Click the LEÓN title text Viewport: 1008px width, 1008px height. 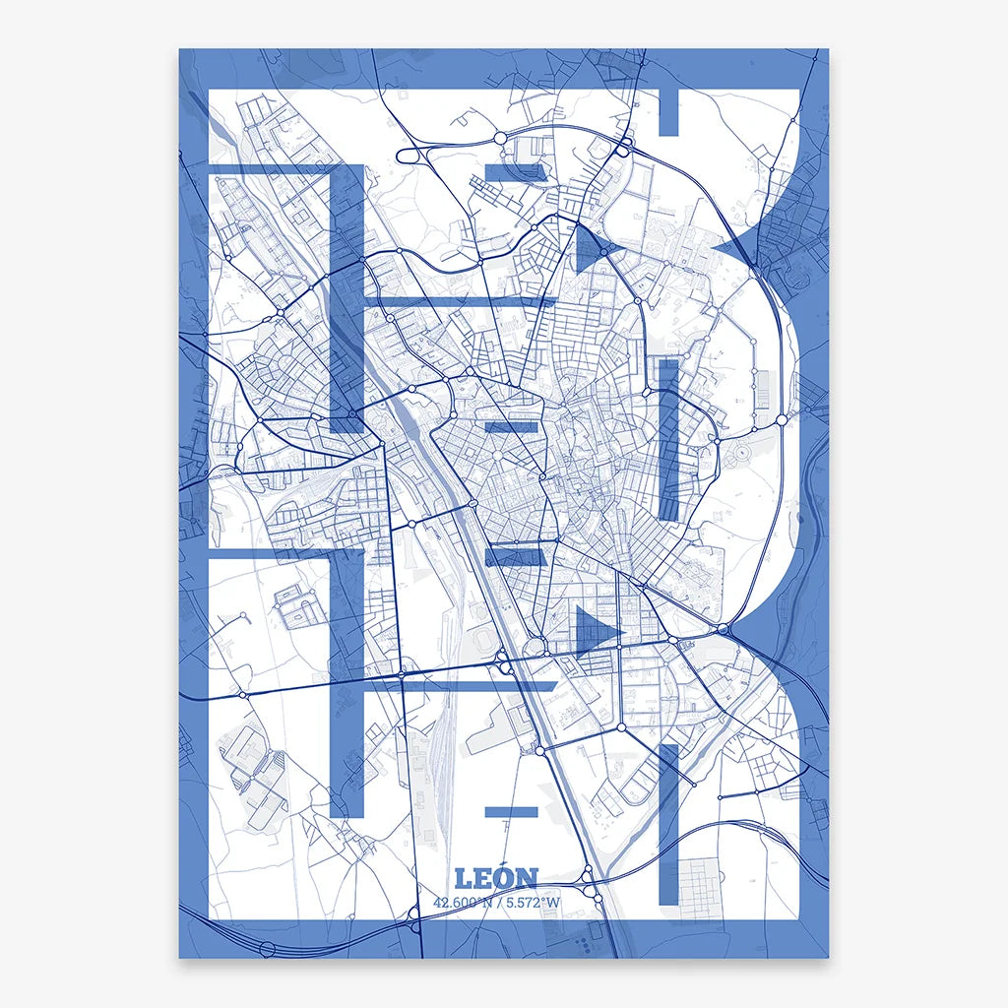pos(497,878)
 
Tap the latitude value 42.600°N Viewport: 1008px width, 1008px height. pos(464,902)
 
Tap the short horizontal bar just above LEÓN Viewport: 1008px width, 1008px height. pos(511,812)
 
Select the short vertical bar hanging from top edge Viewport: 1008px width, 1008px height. pos(667,111)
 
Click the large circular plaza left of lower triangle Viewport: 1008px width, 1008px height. pos(537,647)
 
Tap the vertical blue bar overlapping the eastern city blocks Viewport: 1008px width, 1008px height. pos(669,439)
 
